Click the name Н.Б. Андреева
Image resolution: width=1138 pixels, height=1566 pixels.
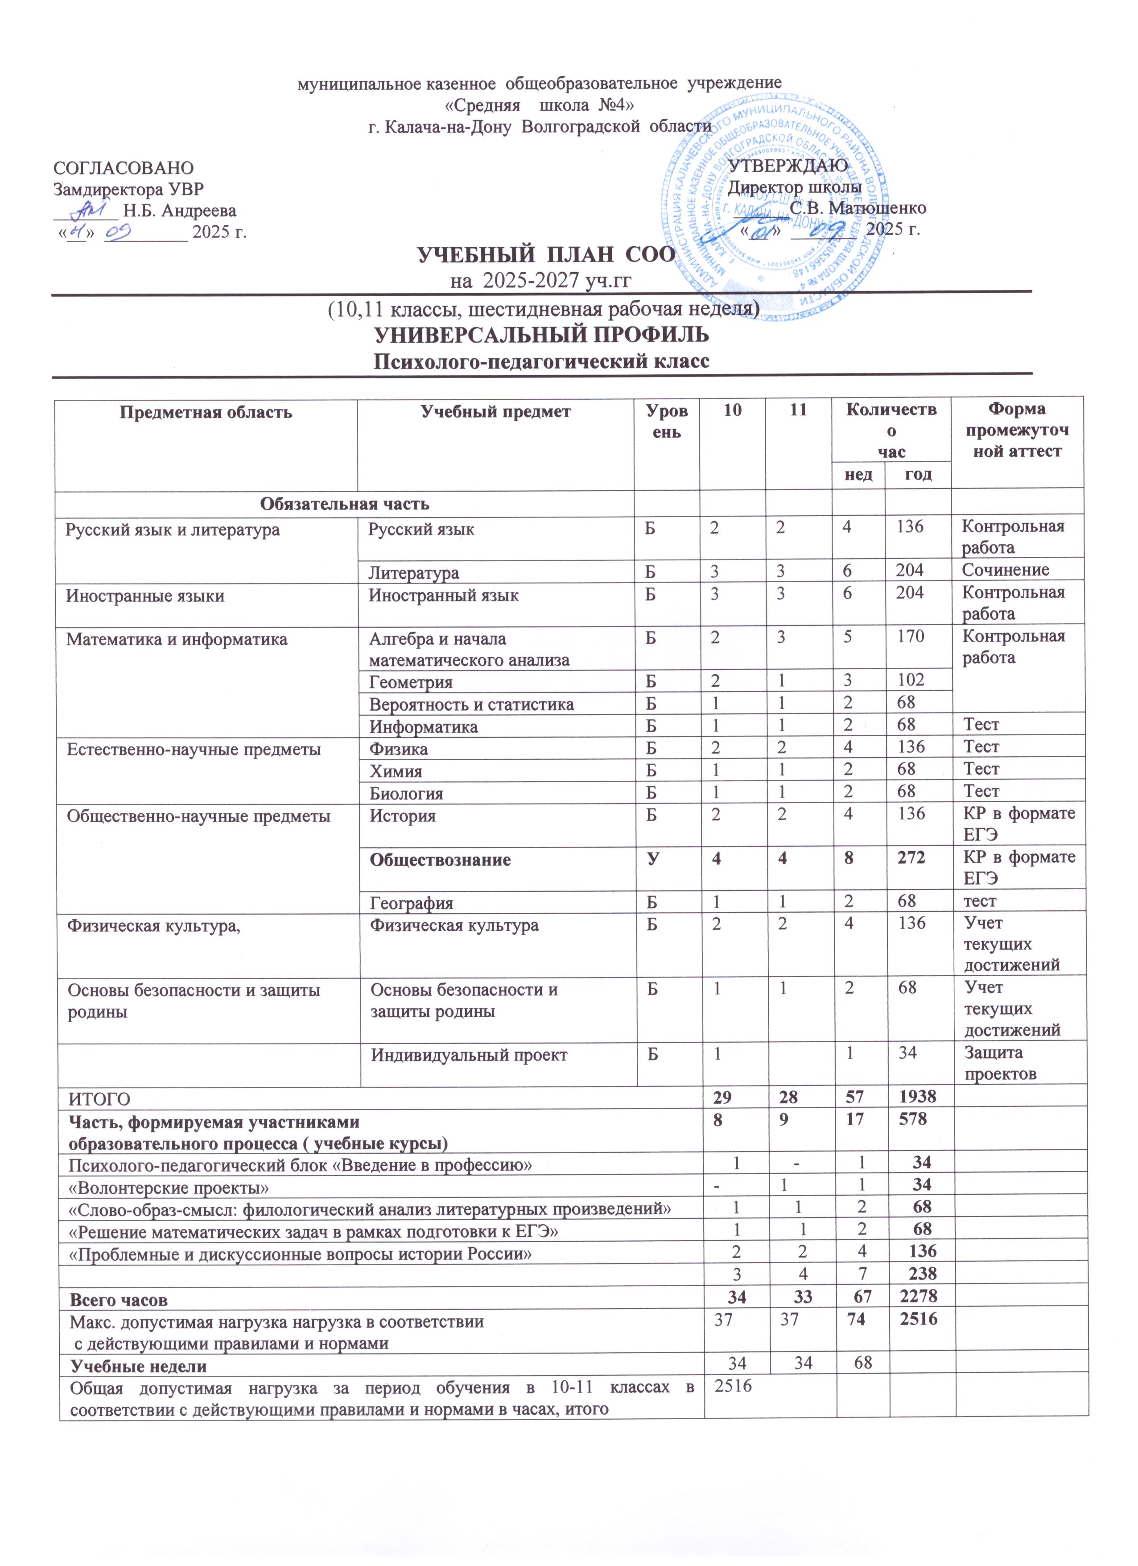click(x=179, y=211)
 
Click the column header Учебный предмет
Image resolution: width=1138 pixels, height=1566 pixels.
click(x=495, y=413)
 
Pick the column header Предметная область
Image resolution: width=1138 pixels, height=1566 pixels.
click(x=206, y=413)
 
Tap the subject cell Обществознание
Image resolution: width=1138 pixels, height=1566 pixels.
click(x=440, y=860)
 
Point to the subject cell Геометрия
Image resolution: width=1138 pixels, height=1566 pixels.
click(x=411, y=682)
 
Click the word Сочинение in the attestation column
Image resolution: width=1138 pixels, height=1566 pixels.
click(x=1006, y=570)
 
